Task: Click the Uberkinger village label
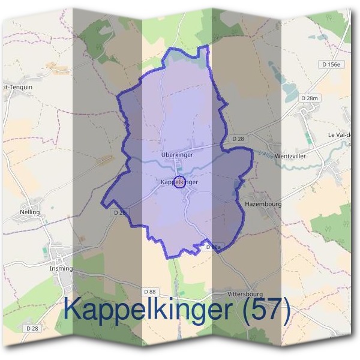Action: pos(177,155)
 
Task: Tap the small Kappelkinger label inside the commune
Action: pos(179,182)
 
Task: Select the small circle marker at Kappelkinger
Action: pos(179,182)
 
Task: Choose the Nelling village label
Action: pos(29,212)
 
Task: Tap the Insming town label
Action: pos(61,269)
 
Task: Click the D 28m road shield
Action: pos(310,98)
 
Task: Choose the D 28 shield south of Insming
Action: pos(32,329)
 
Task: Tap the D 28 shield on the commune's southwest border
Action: pos(119,212)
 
